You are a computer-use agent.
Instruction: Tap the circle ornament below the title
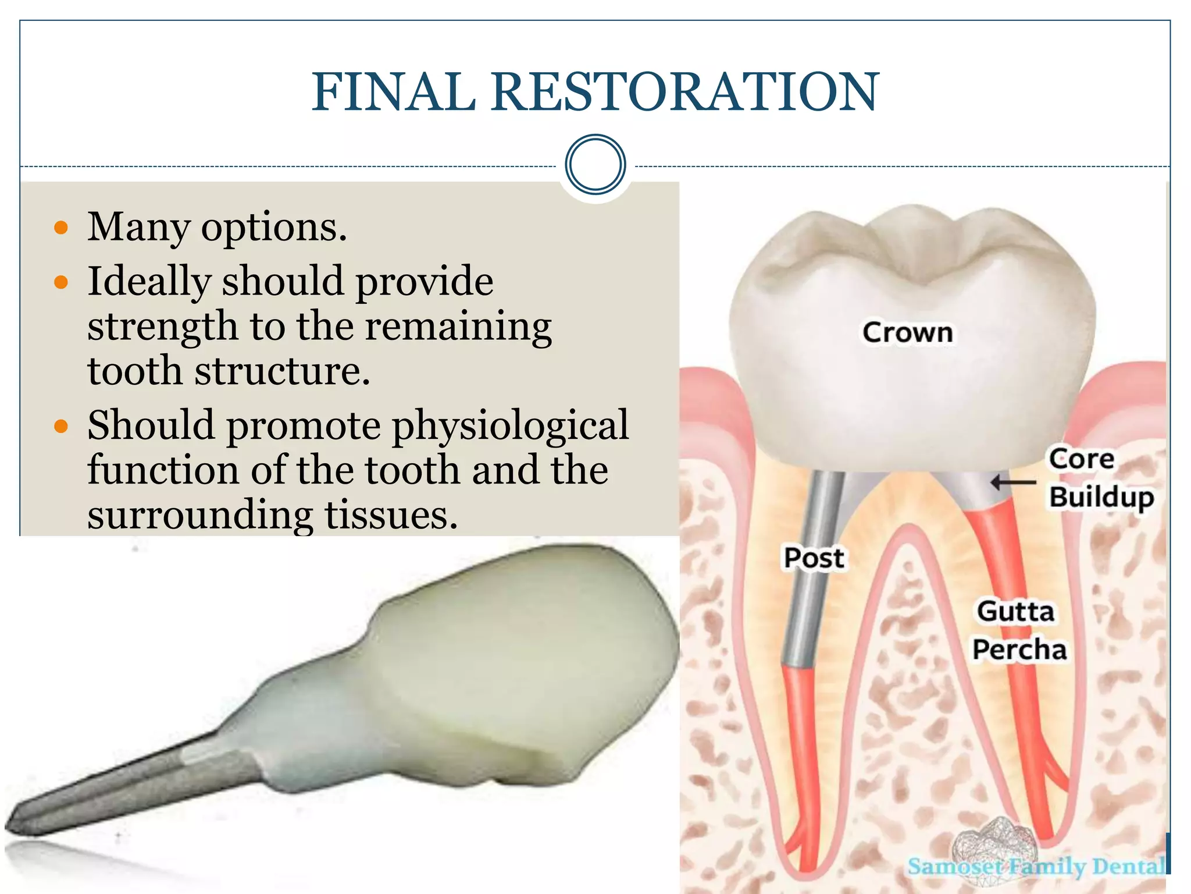click(595, 164)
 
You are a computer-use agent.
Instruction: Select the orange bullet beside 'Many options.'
click(61, 228)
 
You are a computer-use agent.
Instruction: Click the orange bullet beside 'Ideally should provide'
click(61, 283)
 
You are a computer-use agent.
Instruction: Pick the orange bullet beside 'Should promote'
click(61, 427)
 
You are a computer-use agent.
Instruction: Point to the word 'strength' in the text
click(162, 327)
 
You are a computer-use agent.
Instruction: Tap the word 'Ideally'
click(149, 282)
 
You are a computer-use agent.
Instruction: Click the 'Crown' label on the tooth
click(907, 332)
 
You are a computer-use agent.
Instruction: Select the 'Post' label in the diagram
click(813, 558)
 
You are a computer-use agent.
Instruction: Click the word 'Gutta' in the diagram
click(1015, 611)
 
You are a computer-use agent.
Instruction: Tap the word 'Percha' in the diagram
click(1019, 650)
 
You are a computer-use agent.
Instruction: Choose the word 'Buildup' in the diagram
click(1101, 498)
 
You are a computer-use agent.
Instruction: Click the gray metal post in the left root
click(808, 582)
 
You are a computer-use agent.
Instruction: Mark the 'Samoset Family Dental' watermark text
click(1036, 866)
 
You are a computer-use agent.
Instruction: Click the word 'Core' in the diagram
click(1082, 459)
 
